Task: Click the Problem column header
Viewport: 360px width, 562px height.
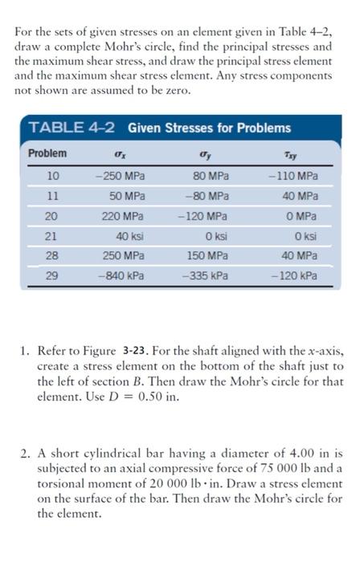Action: (47, 153)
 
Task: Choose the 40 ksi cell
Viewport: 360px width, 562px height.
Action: (129, 237)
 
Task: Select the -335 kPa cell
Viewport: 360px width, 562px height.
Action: (207, 276)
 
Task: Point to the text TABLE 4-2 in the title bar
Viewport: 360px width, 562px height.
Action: (74, 128)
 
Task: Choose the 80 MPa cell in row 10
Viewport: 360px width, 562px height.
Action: (211, 176)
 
